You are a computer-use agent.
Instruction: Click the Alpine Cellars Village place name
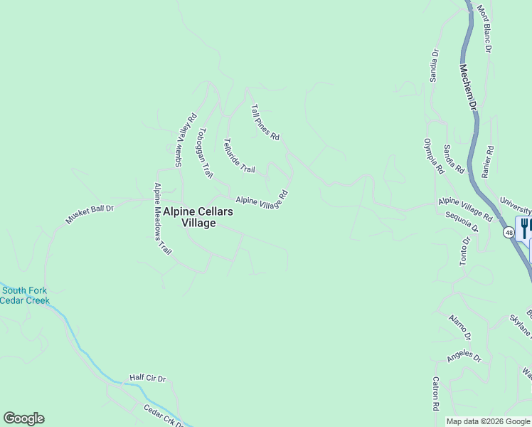coord(198,217)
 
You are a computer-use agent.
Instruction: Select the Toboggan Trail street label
coord(205,152)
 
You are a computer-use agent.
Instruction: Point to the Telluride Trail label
coord(238,155)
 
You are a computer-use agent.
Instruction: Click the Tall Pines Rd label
coord(265,122)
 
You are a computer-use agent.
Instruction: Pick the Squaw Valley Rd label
coord(182,142)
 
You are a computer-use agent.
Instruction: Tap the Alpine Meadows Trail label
coord(164,218)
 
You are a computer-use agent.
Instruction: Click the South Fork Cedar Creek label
coord(25,295)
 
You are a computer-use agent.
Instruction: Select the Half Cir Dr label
coord(147,378)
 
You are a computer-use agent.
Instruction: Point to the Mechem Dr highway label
coord(467,87)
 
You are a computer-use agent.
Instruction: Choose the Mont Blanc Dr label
coord(484,29)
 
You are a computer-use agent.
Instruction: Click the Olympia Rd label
coord(433,157)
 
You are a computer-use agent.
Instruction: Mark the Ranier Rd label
coord(489,162)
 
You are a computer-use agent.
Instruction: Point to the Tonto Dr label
coord(466,251)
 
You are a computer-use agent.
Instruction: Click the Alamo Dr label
coord(459,326)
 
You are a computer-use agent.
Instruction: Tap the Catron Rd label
coord(435,392)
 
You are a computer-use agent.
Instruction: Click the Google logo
coord(23,418)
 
